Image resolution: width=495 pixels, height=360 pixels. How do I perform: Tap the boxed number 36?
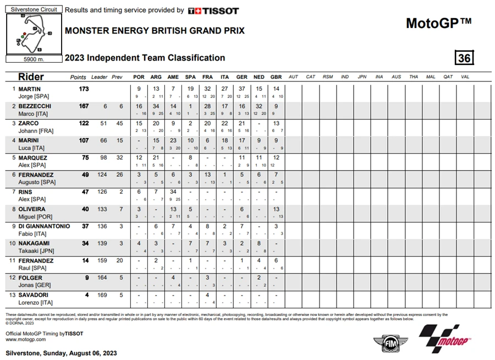(464, 58)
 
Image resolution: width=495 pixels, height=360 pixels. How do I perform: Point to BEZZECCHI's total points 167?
(83, 106)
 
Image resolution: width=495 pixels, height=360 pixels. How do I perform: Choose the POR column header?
(139, 77)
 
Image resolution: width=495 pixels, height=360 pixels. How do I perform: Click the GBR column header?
(276, 77)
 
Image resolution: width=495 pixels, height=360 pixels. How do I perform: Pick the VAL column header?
(465, 77)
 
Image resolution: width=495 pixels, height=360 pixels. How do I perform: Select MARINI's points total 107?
(83, 140)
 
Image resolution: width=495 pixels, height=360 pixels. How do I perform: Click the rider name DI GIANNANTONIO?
(45, 226)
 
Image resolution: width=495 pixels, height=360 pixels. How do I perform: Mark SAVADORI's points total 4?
(86, 295)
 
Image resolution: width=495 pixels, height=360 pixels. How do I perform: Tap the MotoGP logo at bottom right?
(446, 339)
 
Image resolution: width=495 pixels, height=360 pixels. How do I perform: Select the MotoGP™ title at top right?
(438, 24)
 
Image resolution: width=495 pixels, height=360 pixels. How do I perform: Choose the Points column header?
(78, 77)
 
